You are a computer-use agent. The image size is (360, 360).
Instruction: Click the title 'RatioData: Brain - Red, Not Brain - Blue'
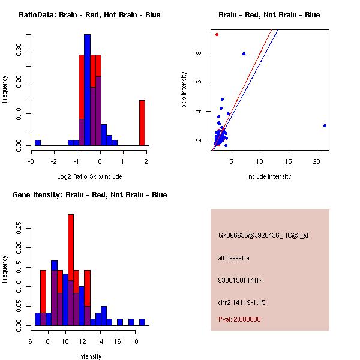click(x=89, y=15)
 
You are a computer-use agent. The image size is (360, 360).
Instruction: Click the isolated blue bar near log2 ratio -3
click(x=37, y=142)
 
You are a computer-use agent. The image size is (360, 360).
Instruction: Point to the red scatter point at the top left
click(x=217, y=34)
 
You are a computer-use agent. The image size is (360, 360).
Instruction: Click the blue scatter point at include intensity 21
click(x=325, y=125)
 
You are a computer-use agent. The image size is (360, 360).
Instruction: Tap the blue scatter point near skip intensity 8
click(x=244, y=53)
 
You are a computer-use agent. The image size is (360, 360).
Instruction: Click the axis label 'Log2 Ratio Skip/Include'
click(x=89, y=176)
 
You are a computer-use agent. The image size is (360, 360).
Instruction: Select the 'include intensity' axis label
click(x=269, y=176)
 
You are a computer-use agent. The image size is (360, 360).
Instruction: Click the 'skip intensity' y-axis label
click(x=184, y=90)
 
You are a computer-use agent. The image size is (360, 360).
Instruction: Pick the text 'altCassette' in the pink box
click(x=233, y=258)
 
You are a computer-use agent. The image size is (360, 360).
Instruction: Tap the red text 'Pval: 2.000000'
click(x=239, y=319)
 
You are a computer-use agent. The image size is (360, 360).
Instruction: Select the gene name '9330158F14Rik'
click(x=238, y=280)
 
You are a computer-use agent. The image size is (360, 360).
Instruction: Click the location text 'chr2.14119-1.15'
click(x=242, y=302)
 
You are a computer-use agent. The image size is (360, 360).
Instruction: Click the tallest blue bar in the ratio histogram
click(x=87, y=89)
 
